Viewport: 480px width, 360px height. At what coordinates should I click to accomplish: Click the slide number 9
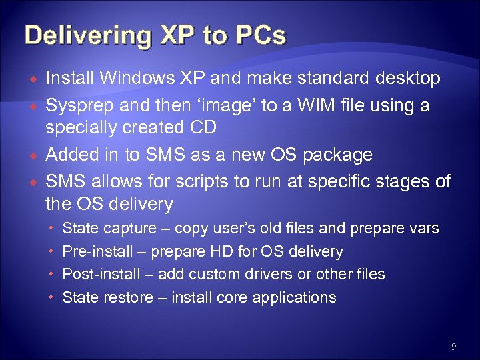[x=453, y=346]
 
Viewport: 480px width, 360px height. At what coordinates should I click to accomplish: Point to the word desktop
[x=407, y=79]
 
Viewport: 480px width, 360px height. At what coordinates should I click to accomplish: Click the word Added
[x=71, y=155]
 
